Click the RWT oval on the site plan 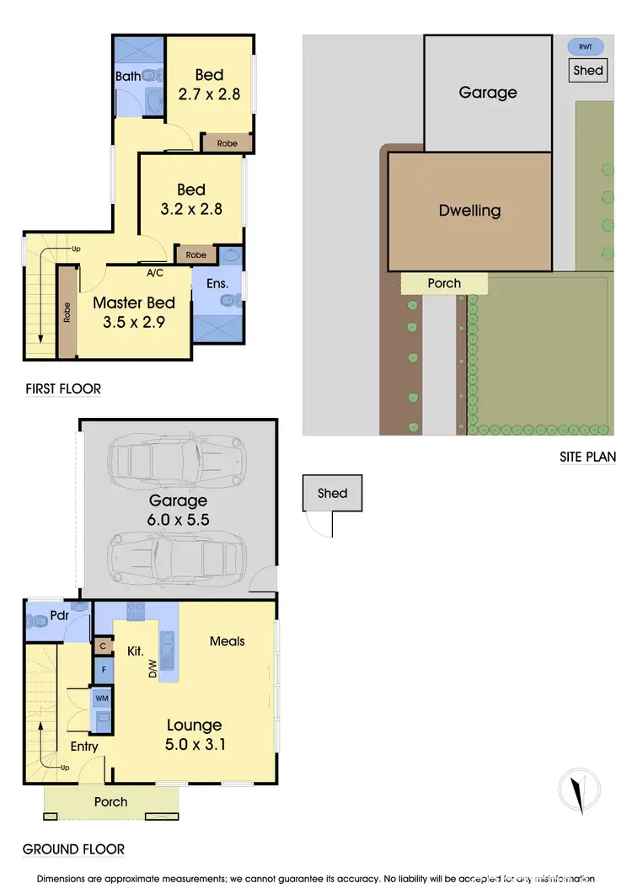click(x=586, y=47)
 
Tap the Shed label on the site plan click(x=588, y=71)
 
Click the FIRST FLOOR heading click(x=62, y=389)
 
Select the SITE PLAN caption click(x=588, y=458)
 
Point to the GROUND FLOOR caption click(x=73, y=849)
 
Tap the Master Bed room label click(x=134, y=303)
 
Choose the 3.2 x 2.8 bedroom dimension click(x=191, y=210)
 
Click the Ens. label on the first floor click(x=217, y=284)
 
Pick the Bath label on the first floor click(x=128, y=77)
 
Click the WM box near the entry click(x=103, y=698)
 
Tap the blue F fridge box click(x=103, y=671)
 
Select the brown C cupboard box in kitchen click(x=103, y=646)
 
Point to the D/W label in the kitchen click(x=153, y=669)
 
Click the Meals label click(x=228, y=641)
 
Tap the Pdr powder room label click(x=59, y=615)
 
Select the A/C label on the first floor click(x=155, y=273)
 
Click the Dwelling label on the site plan click(x=469, y=211)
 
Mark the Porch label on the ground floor click(x=110, y=802)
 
